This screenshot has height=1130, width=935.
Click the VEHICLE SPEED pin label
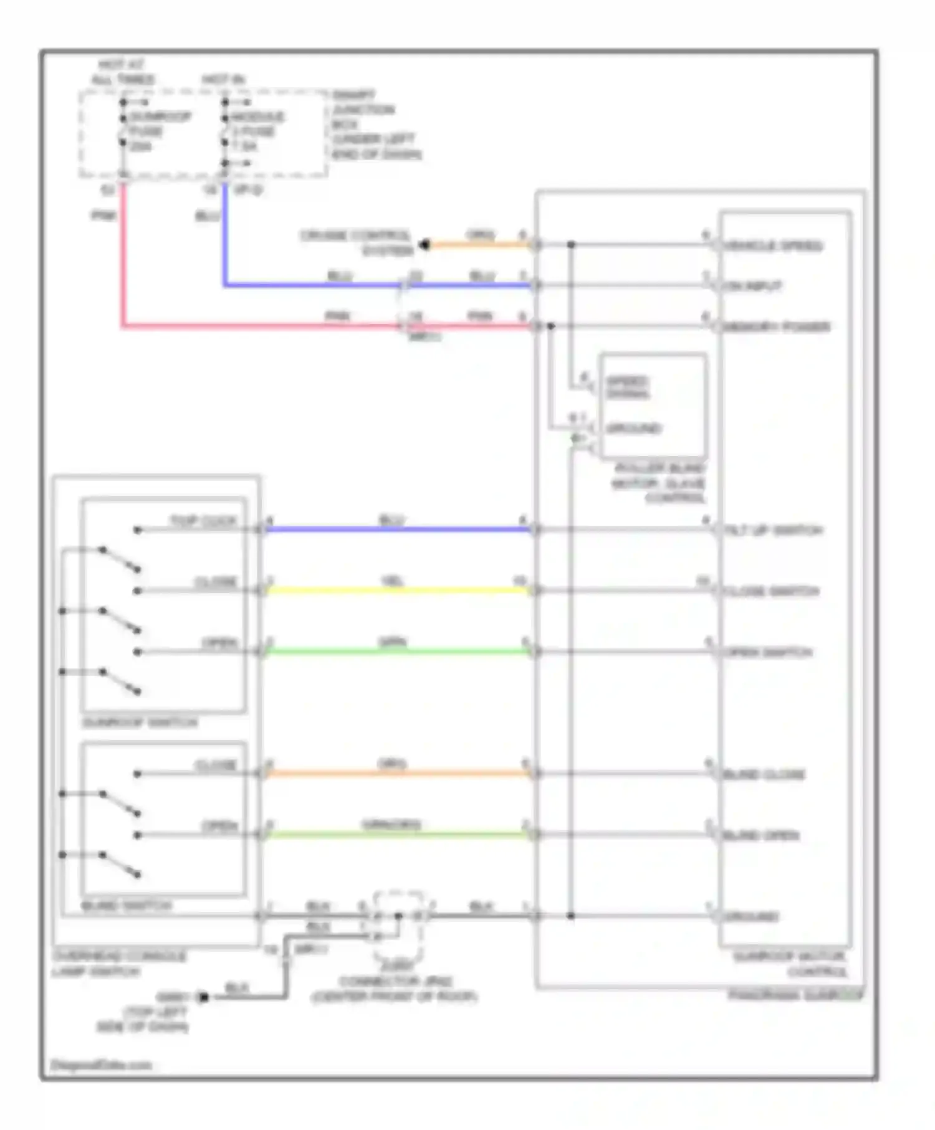(773, 246)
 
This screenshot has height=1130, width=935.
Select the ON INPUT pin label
(752, 287)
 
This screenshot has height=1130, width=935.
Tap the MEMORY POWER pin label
(776, 327)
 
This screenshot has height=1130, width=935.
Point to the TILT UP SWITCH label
(773, 531)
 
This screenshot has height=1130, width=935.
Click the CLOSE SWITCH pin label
(771, 591)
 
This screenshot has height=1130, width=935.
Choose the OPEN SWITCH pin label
(768, 653)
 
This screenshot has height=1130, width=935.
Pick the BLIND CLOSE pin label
(764, 775)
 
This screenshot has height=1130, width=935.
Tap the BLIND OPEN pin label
(761, 835)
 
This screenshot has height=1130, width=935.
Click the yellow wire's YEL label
(392, 582)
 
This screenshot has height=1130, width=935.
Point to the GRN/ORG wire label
(391, 825)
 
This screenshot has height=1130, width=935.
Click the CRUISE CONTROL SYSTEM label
(356, 243)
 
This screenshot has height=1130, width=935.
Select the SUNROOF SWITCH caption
(140, 723)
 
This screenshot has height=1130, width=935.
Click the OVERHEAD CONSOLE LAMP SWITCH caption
(119, 964)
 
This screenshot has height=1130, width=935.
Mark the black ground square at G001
(203, 997)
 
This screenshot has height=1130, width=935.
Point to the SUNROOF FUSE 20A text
(160, 131)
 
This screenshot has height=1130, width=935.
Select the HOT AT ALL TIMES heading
(123, 72)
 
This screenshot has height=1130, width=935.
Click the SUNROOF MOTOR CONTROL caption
(789, 964)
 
